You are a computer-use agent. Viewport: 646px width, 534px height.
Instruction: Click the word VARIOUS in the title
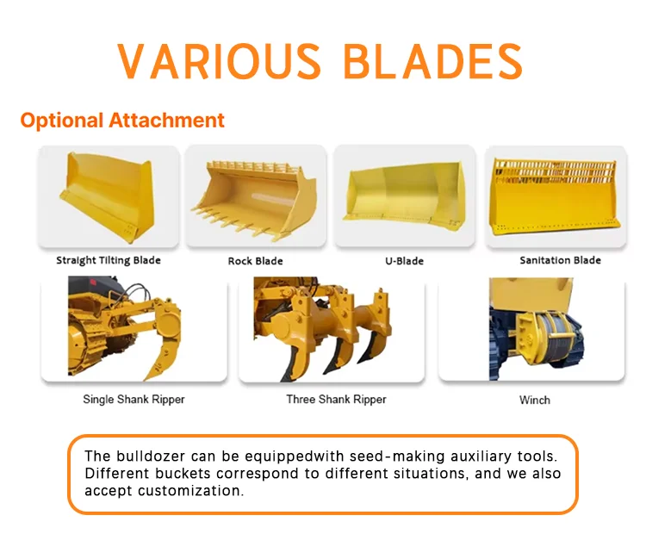pos(219,61)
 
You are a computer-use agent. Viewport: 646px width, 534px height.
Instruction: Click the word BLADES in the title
pos(433,61)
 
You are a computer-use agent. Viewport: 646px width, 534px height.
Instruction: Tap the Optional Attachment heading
pos(122,121)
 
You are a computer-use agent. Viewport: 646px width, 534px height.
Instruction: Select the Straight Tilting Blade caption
pos(109,260)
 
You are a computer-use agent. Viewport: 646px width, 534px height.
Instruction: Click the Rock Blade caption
pos(256,261)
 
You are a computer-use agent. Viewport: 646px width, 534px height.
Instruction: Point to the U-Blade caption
pos(404,261)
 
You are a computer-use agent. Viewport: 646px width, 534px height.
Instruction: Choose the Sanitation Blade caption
pos(561,260)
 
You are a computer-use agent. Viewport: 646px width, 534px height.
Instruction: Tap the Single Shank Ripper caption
pos(134,400)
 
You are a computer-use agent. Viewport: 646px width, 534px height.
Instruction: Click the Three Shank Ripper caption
pos(336,400)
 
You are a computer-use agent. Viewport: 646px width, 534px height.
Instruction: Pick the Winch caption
pos(535,400)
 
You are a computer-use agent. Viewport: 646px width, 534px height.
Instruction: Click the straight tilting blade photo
pos(107,196)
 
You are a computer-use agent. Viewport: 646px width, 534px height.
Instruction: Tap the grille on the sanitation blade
pos(555,172)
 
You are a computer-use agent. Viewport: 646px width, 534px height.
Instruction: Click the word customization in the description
pos(190,491)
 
